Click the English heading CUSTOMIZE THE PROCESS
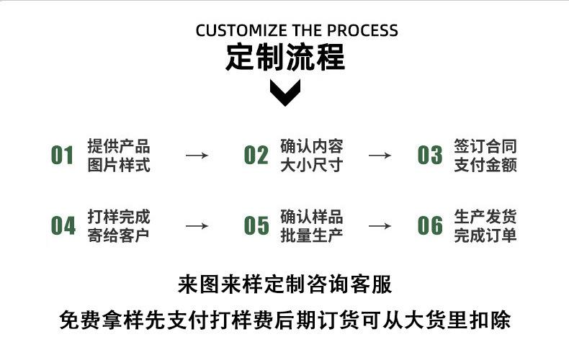pos(297,31)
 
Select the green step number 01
pos(63,156)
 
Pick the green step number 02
pos(256,156)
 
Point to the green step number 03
pos(430,156)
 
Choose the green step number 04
pos(63,225)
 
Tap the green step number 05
pos(256,225)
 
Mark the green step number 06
pos(430,225)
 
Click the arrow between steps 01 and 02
pos(197,156)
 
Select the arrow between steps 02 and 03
pos(380,156)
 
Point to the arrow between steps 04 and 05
pos(197,225)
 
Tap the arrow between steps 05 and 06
pos(380,225)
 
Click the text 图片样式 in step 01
pos(119,166)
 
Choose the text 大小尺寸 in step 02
pos(311,166)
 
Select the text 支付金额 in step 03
pos(485,166)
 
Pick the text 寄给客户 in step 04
pos(119,235)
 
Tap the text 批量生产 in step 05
pos(311,235)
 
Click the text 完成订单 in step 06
pos(485,235)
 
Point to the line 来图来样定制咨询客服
pos(285,284)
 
